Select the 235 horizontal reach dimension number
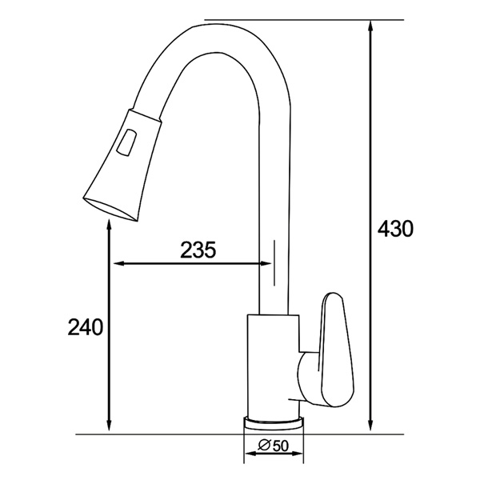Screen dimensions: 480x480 point(197,250)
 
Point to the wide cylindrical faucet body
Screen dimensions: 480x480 point(272,364)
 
